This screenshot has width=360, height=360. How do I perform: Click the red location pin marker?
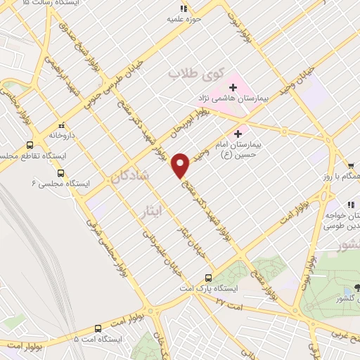181,165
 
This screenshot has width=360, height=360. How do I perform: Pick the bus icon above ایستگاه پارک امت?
207,278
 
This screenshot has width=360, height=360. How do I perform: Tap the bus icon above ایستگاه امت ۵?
97,328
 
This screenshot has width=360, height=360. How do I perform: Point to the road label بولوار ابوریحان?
185,128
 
